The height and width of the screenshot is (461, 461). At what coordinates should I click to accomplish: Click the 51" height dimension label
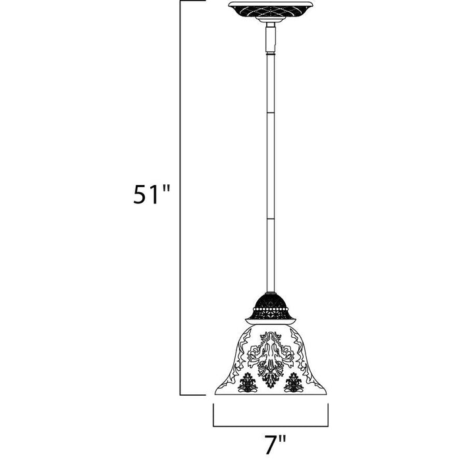click(151, 194)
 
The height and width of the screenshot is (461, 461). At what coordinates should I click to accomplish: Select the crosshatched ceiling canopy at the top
click(271, 10)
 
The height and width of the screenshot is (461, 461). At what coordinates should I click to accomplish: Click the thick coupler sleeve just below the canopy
click(271, 39)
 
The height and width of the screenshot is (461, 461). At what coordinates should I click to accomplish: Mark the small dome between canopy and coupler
click(271, 19)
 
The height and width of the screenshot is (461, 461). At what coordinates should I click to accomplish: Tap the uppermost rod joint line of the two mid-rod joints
click(271, 113)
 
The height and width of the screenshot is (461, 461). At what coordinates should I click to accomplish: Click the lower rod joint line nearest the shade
click(271, 219)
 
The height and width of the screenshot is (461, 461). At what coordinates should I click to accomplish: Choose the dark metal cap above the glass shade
click(271, 309)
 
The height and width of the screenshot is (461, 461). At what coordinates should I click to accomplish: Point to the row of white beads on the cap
click(271, 310)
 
